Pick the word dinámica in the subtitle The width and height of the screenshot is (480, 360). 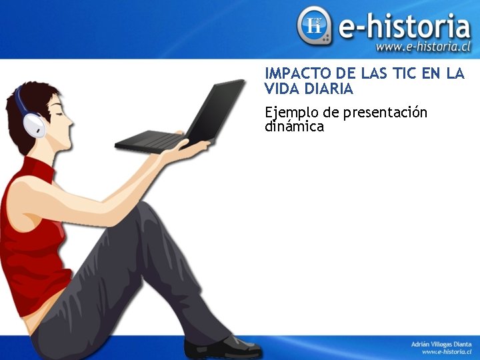(294, 127)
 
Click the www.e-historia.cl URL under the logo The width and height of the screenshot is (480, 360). (423, 47)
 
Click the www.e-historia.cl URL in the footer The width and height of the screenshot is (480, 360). (447, 351)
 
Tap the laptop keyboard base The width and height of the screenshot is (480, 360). (149, 141)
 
